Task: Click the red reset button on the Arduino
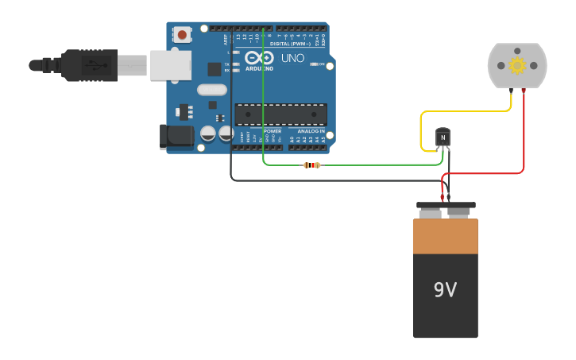tap(184, 35)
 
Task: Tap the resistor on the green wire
tap(312, 165)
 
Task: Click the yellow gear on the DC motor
tap(517, 65)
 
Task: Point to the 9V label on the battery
tap(445, 291)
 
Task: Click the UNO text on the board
tap(293, 58)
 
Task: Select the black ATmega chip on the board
tap(280, 114)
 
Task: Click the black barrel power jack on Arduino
tap(176, 137)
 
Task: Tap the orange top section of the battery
tap(445, 237)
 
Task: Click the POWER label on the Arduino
tap(272, 131)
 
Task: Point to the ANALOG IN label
tap(311, 131)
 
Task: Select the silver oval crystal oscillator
tap(211, 90)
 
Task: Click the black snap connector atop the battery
tap(446, 205)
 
